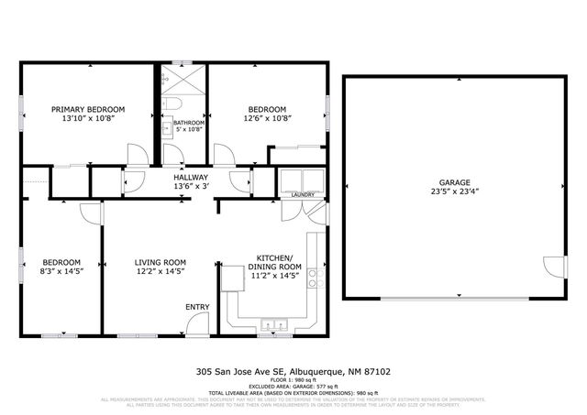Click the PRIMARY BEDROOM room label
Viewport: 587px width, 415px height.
pyautogui.click(x=87, y=109)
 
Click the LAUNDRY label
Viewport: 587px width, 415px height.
pyautogui.click(x=302, y=194)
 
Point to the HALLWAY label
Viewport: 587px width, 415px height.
pyautogui.click(x=191, y=178)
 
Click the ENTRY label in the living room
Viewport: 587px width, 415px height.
pyautogui.click(x=197, y=307)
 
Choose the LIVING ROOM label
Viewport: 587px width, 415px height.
pyautogui.click(x=160, y=260)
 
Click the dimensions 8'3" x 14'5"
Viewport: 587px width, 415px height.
pyautogui.click(x=62, y=271)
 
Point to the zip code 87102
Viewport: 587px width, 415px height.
pyautogui.click(x=375, y=371)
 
